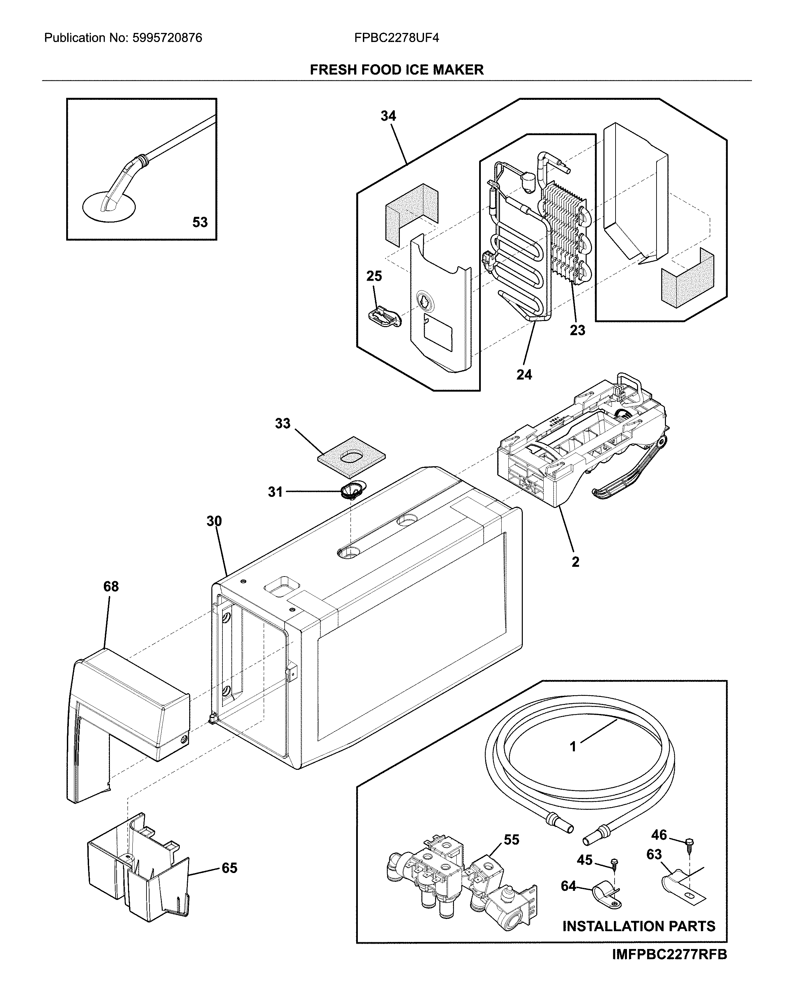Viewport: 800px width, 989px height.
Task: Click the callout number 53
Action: coord(200,222)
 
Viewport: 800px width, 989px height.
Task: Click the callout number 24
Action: coord(524,375)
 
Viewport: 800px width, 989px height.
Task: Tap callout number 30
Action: coord(214,521)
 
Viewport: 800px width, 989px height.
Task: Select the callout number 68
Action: coord(111,587)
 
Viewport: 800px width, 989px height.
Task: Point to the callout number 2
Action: coord(575,562)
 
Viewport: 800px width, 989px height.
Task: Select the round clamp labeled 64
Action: coord(605,893)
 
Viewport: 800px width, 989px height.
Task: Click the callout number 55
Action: coord(511,840)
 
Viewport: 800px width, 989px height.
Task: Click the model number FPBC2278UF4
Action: coord(396,38)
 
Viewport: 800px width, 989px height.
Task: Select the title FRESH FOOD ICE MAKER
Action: coord(396,70)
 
